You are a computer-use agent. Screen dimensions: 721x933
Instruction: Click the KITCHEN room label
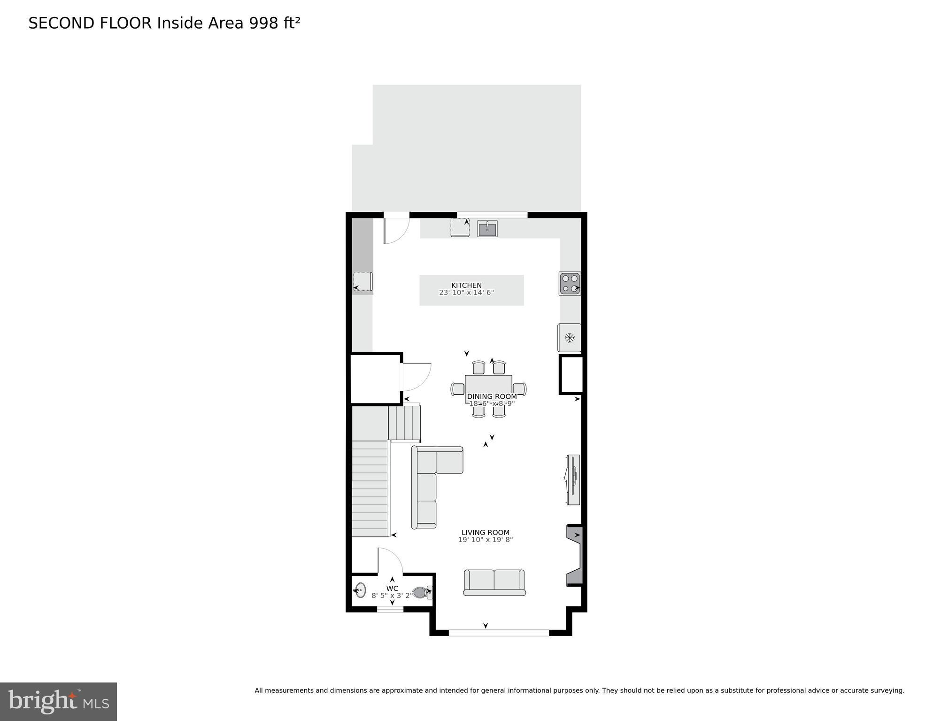466,285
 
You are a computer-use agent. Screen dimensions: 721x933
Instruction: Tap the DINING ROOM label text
492,396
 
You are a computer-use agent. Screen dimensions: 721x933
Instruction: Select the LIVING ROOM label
485,532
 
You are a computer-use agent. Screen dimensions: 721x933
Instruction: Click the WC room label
392,588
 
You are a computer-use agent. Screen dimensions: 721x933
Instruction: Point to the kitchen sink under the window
487,229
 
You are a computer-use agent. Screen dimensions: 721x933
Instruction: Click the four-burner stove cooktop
570,283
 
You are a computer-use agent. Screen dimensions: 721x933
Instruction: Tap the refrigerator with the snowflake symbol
570,338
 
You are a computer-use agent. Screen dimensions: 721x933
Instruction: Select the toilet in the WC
421,592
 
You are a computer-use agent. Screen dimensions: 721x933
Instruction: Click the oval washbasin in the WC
360,590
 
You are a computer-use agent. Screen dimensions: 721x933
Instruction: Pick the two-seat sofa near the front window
494,582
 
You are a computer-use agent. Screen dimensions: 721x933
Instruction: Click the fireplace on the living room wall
575,556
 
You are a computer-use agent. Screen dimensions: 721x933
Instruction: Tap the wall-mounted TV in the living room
573,480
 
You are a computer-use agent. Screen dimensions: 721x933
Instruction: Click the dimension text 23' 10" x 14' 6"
466,293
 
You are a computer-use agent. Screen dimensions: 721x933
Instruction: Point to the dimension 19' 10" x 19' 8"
485,540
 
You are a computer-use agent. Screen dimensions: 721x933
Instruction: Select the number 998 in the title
264,23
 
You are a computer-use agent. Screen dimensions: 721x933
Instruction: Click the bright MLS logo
58,701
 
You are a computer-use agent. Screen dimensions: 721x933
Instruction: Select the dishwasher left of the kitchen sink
460,228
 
